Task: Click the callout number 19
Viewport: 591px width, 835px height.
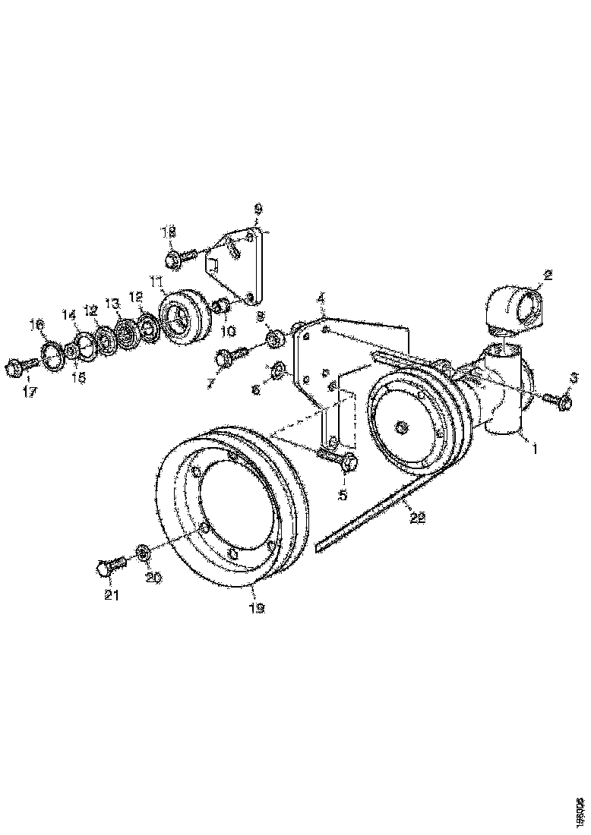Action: pyautogui.click(x=256, y=608)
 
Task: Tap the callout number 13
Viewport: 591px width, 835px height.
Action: pyautogui.click(x=112, y=303)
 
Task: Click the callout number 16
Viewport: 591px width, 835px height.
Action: pyautogui.click(x=36, y=324)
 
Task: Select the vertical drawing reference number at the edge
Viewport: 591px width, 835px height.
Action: pyautogui.click(x=580, y=808)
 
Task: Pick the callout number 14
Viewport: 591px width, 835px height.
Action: pyautogui.click(x=69, y=314)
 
